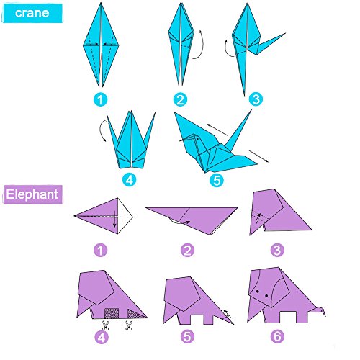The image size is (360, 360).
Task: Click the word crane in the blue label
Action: click(32, 13)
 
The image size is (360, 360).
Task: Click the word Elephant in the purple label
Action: click(32, 194)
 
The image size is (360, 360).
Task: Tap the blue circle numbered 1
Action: click(100, 99)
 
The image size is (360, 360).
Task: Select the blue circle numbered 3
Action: click(256, 99)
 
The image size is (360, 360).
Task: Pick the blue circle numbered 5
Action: click(217, 180)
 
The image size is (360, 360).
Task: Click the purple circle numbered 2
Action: click(187, 251)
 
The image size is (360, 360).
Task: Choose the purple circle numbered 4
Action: click(102, 337)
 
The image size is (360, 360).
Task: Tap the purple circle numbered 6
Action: click(277, 336)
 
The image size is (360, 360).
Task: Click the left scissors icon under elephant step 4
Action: click(105, 325)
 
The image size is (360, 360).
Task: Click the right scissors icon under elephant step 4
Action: click(129, 325)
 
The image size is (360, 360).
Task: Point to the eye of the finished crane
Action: click(197, 139)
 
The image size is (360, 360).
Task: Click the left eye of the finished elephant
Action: click(258, 292)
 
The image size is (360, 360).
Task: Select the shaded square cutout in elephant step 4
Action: click(112, 313)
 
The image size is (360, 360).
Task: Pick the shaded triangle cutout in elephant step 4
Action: click(136, 313)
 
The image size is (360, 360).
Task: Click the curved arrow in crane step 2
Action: click(202, 45)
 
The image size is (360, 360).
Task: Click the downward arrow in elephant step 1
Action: click(114, 219)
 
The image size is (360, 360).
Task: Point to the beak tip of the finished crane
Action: click(179, 140)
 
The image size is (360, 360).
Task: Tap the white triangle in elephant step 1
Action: click(125, 216)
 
